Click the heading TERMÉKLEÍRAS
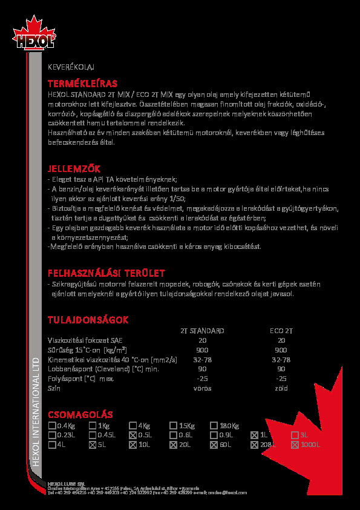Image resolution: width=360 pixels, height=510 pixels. click(82, 83)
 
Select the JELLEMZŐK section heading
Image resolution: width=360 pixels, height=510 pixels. click(74, 168)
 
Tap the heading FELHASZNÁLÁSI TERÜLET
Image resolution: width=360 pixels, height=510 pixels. click(106, 273)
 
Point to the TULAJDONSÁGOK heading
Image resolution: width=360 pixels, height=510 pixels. click(88, 319)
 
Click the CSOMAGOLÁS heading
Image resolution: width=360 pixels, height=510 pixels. click(80, 414)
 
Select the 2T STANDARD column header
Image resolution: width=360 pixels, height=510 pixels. click(202, 331)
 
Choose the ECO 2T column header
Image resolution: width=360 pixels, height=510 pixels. click(281, 331)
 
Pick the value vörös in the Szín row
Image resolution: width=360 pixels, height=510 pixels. click(202, 388)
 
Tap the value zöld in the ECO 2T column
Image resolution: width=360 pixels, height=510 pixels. click(281, 388)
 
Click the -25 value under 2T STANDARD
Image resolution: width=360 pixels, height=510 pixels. click(202, 379)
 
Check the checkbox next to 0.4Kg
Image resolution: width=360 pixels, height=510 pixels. click(51, 425)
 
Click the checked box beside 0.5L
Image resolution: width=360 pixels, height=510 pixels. click(133, 435)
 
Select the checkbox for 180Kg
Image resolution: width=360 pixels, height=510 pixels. click(214, 425)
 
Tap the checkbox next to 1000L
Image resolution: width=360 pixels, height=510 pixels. click(295, 445)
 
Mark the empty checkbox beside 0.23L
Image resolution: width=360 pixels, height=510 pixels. click(51, 435)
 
